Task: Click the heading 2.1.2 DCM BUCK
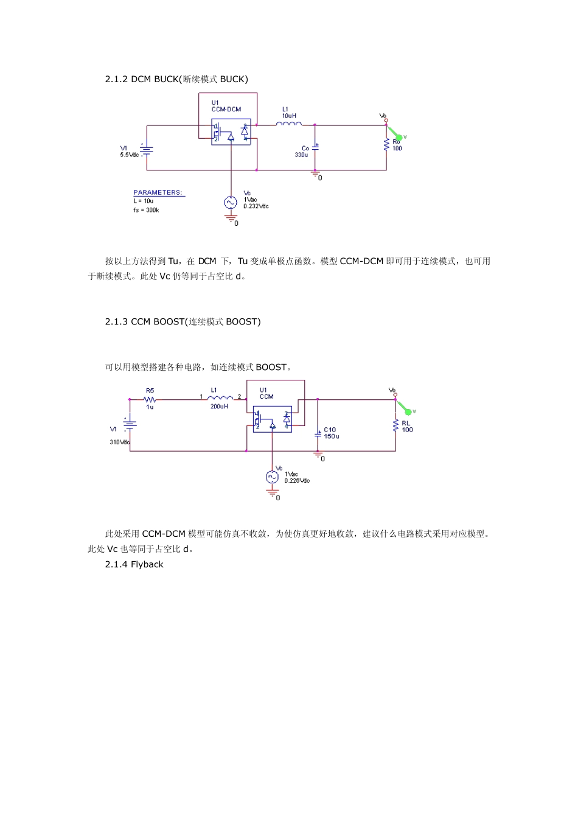pos(176,79)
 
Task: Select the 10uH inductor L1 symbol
pos(289,124)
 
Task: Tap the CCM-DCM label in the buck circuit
pos(226,110)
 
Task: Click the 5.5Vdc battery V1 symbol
pos(146,149)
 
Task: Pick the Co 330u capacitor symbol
pos(315,147)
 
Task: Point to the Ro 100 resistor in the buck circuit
pos(386,144)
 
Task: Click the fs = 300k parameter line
pos(147,210)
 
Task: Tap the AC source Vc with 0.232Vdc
pos(231,203)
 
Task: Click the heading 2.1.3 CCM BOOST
pos(183,321)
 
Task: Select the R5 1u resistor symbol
pos(150,399)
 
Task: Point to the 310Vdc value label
pos(119,442)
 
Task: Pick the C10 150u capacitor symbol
pos(318,434)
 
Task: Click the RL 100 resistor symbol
pos(395,425)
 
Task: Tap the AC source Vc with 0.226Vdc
pos(272,477)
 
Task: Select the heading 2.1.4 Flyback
pos(134,564)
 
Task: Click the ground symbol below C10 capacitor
pos(318,455)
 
